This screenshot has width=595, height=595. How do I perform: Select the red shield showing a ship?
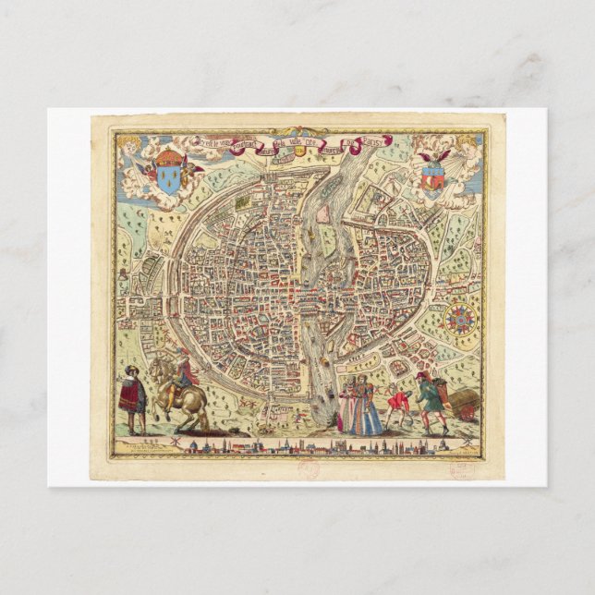(x=431, y=175)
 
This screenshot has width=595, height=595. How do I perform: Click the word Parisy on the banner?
(x=377, y=141)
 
